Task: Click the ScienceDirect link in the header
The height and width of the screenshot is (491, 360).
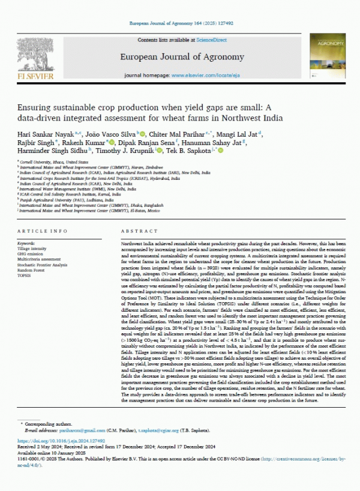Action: (210, 39)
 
